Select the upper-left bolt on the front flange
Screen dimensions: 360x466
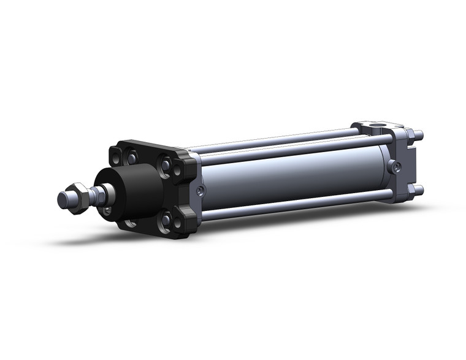pos(131,158)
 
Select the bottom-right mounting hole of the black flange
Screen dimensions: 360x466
pos(178,224)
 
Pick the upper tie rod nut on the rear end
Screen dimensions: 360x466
pos(418,136)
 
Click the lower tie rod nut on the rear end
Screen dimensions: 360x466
pos(418,189)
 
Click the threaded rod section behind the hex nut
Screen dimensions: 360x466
pos(95,196)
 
